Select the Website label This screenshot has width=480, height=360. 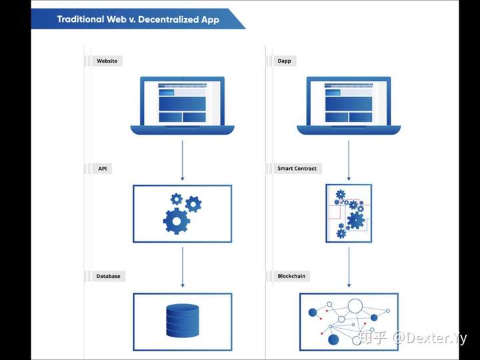click(x=107, y=61)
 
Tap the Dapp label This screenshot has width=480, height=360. click(x=285, y=61)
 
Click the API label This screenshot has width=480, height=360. click(x=103, y=169)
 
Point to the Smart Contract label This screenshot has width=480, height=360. click(x=297, y=169)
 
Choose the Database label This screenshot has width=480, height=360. click(x=109, y=276)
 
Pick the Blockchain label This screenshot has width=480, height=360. click(x=291, y=276)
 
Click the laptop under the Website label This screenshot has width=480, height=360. click(x=183, y=105)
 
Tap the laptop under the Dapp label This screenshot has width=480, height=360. click(x=349, y=105)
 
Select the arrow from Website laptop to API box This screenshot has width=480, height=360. click(x=183, y=161)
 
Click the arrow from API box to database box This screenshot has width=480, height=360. click(x=183, y=267)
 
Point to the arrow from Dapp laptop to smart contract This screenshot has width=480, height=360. click(x=349, y=161)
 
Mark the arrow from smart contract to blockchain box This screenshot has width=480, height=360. click(x=349, y=267)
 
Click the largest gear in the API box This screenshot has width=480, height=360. click(x=176, y=221)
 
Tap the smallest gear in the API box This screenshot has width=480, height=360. click(x=177, y=199)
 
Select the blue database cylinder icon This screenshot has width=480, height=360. click(x=183, y=321)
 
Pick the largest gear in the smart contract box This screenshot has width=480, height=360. click(x=356, y=220)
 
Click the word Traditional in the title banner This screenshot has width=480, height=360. click(x=81, y=19)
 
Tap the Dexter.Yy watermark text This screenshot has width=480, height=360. click(x=430, y=338)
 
